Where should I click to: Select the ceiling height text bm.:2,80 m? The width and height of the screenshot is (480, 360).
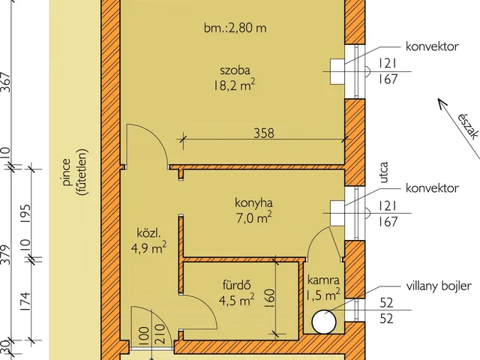235,28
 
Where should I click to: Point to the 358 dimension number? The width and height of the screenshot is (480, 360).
263,133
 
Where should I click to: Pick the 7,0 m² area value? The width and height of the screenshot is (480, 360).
251,218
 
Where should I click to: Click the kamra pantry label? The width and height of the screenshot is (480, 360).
324,279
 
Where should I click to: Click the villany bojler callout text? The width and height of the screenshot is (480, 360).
437,286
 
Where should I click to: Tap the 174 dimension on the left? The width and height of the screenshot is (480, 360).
7,300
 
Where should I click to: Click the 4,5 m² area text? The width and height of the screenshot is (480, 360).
236,300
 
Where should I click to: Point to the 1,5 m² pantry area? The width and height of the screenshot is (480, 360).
324,292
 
